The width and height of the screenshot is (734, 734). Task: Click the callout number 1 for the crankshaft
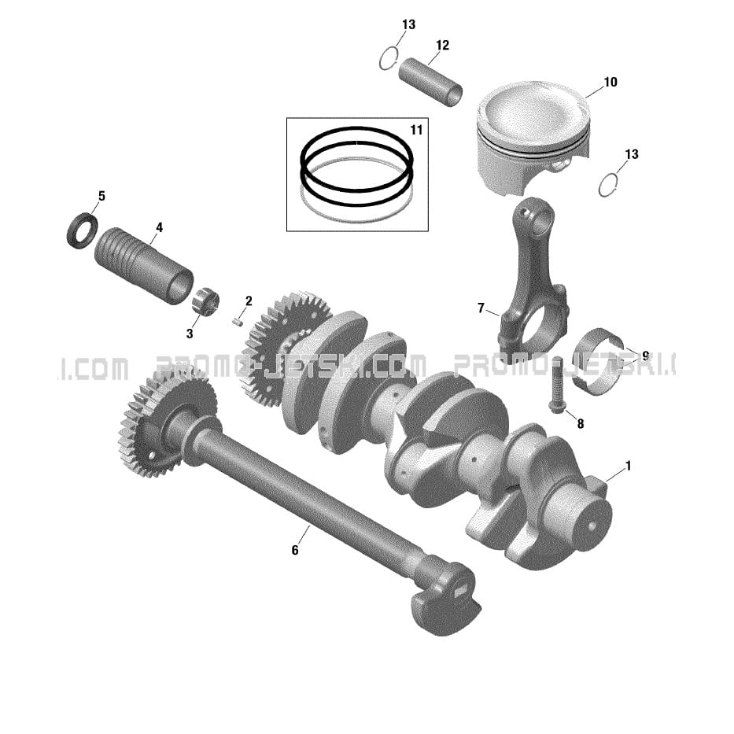click(x=629, y=466)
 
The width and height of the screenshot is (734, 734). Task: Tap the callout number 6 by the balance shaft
click(x=295, y=550)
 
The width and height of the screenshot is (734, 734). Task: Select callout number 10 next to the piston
click(x=610, y=82)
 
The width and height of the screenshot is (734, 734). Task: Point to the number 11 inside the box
click(x=416, y=130)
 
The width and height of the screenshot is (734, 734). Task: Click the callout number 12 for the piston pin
click(x=442, y=45)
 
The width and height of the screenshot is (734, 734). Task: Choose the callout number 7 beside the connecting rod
click(x=481, y=308)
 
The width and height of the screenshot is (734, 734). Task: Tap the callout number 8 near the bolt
click(x=581, y=423)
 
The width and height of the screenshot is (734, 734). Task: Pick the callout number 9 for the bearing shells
click(x=646, y=356)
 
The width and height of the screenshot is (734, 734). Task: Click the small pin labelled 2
click(x=238, y=321)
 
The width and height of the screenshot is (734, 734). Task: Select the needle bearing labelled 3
click(x=206, y=302)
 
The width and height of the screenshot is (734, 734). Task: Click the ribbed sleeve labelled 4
click(x=144, y=265)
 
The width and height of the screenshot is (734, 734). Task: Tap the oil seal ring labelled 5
click(x=83, y=231)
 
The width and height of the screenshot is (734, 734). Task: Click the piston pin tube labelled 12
click(x=430, y=82)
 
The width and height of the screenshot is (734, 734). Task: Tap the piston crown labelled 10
click(x=533, y=110)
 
